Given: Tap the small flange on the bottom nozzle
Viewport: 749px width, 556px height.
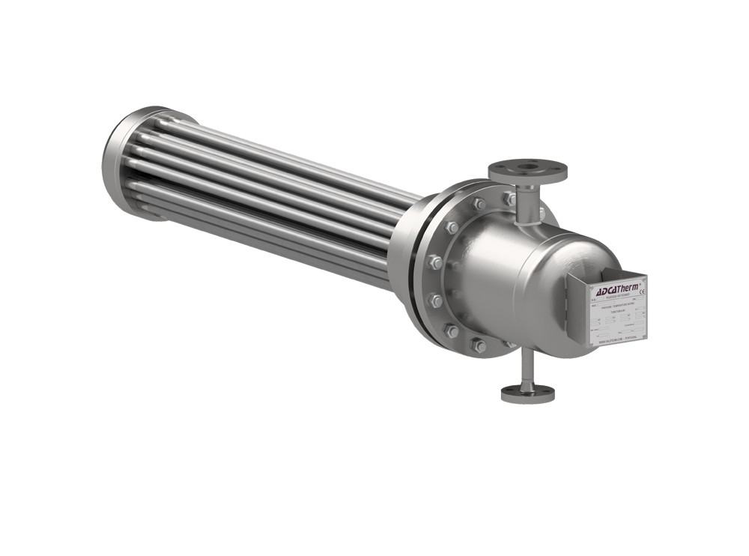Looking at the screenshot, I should (x=528, y=392).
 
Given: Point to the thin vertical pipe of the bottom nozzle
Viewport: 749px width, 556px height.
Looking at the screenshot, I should (x=528, y=367).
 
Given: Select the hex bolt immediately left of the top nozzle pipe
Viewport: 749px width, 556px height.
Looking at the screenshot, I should (x=509, y=199).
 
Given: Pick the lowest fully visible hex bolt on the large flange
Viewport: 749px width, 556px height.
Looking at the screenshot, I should (x=478, y=345).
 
